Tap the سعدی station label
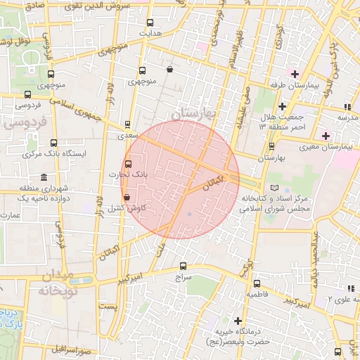click(127, 134)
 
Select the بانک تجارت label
click(126, 174)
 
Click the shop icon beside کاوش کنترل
click(127, 198)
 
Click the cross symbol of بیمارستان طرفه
click(294, 75)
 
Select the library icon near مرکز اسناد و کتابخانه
click(274, 188)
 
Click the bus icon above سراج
click(184, 266)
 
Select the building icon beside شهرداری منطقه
click(44, 176)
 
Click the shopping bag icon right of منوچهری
click(170, 69)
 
